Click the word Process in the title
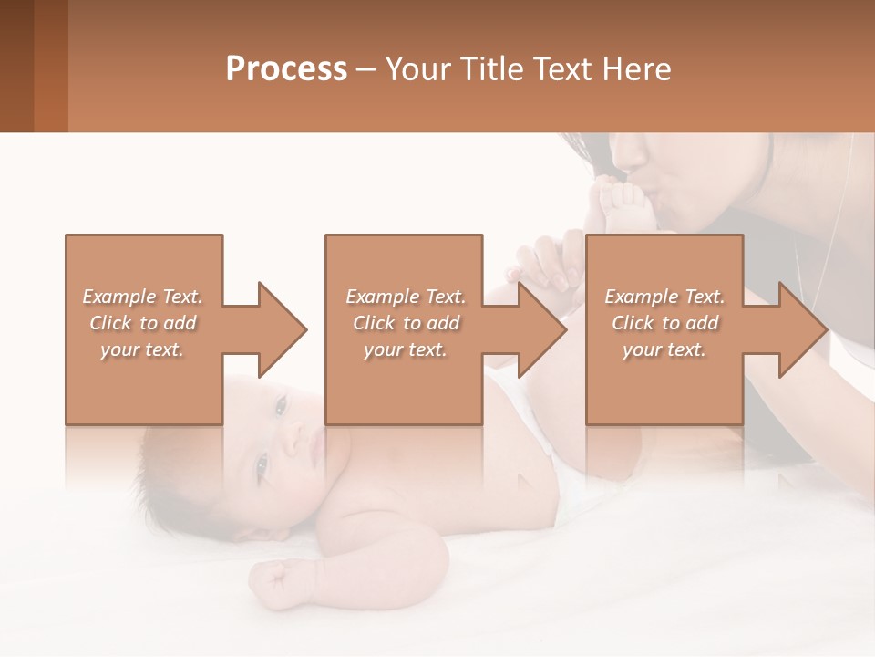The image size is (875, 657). (286, 69)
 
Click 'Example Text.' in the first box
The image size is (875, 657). (142, 297)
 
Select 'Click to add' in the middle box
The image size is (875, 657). (407, 323)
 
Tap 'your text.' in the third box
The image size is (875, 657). (664, 349)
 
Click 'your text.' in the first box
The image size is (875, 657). (142, 349)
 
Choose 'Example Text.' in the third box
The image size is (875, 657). (664, 297)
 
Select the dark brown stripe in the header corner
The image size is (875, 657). (16, 66)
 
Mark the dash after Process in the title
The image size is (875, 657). (365, 70)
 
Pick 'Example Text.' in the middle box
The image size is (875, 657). (406, 297)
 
